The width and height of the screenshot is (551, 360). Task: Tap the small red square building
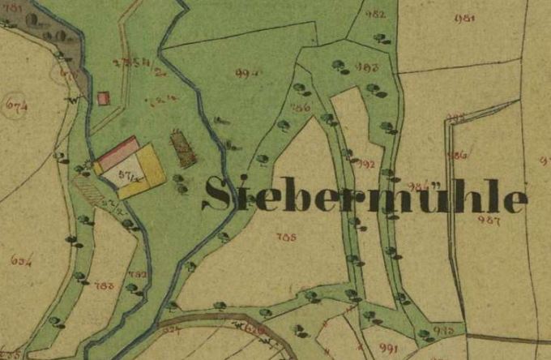click(103, 98)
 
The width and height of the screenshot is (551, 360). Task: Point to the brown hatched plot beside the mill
click(184, 149)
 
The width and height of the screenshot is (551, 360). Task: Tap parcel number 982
click(376, 14)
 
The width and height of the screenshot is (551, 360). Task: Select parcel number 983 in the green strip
click(369, 66)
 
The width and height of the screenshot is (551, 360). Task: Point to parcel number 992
click(366, 164)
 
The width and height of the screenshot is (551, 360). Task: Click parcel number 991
click(388, 347)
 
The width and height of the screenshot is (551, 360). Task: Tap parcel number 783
click(104, 285)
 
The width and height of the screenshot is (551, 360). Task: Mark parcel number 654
click(22, 259)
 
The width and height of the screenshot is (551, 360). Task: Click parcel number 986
click(457, 154)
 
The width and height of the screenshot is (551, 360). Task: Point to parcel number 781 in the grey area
click(13, 6)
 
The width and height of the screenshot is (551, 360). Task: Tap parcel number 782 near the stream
click(139, 275)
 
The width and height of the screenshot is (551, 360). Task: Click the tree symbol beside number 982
click(380, 37)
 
